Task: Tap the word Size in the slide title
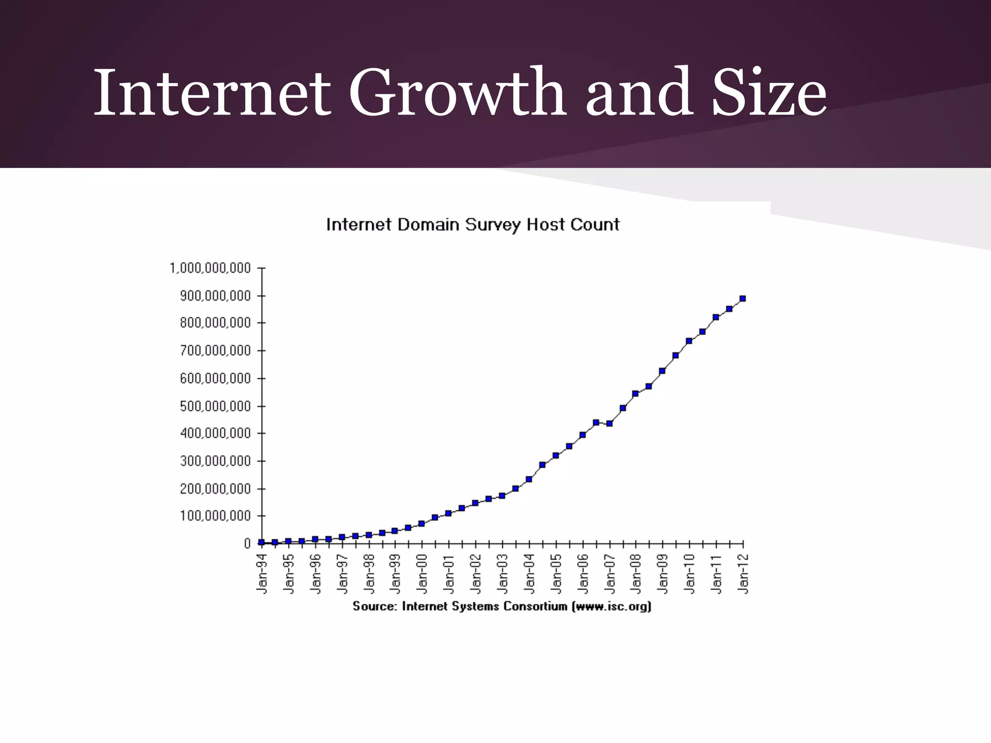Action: point(769,93)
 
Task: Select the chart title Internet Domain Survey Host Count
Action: point(473,225)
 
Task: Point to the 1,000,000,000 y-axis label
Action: point(210,268)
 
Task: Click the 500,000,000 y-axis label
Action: point(215,406)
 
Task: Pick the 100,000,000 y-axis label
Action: point(215,516)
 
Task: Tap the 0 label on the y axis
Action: point(247,544)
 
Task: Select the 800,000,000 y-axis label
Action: point(215,323)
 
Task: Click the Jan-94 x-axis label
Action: point(262,574)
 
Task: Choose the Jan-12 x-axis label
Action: point(744,574)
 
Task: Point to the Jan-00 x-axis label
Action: point(422,574)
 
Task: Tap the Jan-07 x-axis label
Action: point(610,574)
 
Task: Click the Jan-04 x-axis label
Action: point(529,574)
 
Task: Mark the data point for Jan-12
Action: point(743,298)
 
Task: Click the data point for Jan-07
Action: point(609,423)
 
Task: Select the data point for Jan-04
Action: point(529,479)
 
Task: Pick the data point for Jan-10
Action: point(689,341)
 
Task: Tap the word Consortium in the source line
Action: point(535,607)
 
